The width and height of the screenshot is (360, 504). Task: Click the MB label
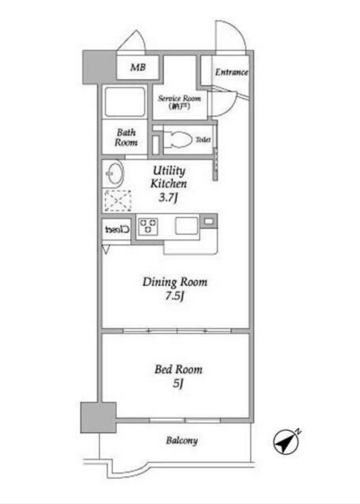point(138,67)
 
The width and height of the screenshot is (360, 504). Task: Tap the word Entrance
point(231,72)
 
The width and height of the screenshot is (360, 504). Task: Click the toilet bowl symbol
point(178,140)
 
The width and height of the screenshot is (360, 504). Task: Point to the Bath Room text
point(126,137)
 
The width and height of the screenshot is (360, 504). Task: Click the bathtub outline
point(125,102)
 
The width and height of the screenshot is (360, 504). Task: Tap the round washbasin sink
point(114,173)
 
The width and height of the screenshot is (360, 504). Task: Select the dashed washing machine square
point(118,201)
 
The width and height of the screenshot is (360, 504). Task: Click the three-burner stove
point(148,226)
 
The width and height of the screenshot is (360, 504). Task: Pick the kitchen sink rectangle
point(187,226)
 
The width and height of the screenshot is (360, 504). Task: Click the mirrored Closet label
point(117,229)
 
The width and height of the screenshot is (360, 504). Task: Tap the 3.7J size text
point(169,197)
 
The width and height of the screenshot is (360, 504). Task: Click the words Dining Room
point(175,282)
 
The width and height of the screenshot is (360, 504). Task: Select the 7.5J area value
point(174,295)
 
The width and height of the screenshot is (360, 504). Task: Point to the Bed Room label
point(178,369)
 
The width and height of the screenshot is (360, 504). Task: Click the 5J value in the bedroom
point(178,383)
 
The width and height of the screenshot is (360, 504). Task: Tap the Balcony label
point(182,441)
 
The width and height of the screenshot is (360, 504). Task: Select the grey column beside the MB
point(99,67)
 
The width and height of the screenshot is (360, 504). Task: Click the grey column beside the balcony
point(98,417)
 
